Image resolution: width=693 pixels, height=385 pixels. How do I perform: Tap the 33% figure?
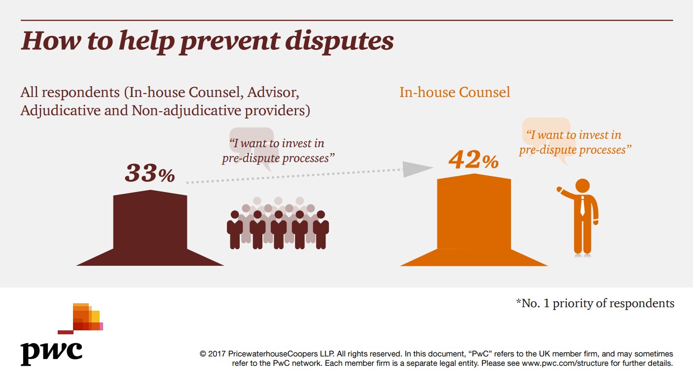pos(150,173)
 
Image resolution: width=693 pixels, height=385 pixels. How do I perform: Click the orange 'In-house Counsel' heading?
pos(455,93)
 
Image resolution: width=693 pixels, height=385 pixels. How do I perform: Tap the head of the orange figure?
pos(583,186)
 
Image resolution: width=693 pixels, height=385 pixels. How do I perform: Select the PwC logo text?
pos(51,350)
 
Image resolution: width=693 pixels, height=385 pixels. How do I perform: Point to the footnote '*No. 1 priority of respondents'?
pos(595,303)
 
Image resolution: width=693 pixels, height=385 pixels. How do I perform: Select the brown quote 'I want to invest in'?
pos(276,143)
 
